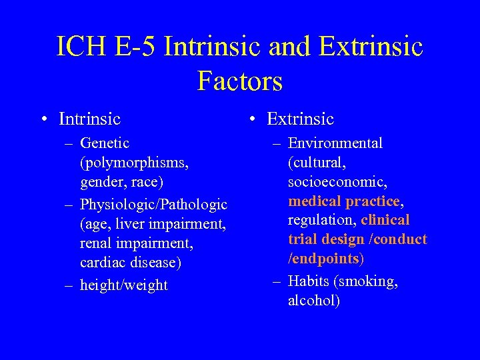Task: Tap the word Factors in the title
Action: pyautogui.click(x=240, y=81)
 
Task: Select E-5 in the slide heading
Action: pyautogui.click(x=134, y=47)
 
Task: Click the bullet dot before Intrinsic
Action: pyautogui.click(x=43, y=120)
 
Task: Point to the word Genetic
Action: pyautogui.click(x=105, y=143)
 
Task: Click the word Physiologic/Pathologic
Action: pyautogui.click(x=153, y=204)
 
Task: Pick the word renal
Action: pyautogui.click(x=95, y=244)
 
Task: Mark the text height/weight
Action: pyautogui.click(x=123, y=285)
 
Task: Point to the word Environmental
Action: pyautogui.click(x=335, y=143)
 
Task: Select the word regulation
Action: pyautogui.click(x=321, y=220)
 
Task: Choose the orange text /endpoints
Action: pyautogui.click(x=323, y=259)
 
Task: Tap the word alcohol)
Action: pyautogui.click(x=313, y=300)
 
